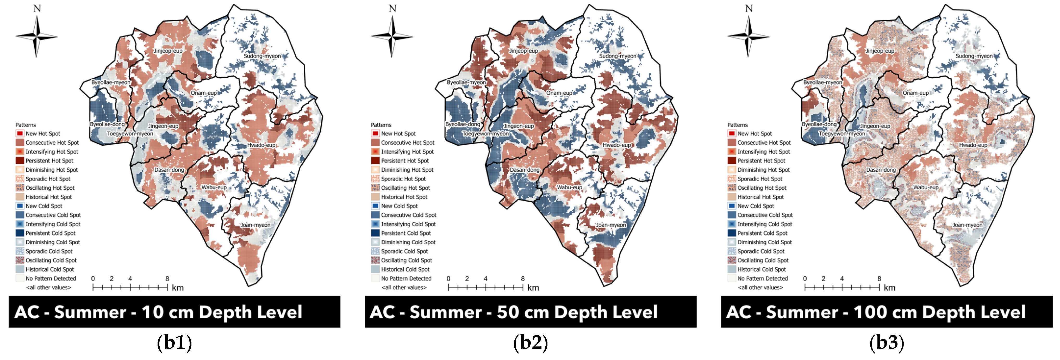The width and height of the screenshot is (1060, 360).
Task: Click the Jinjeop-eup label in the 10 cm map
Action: tap(168, 51)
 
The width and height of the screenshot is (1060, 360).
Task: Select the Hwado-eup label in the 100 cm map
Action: tap(973, 145)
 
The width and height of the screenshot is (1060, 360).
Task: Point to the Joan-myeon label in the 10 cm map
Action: tap(255, 225)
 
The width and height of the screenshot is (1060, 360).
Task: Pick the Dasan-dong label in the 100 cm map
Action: tap(881, 170)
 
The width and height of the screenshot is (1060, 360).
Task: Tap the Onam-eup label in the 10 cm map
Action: tap(204, 93)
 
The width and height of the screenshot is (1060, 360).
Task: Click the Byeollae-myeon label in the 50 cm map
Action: tap(466, 82)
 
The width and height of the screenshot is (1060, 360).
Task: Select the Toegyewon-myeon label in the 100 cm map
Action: tap(841, 134)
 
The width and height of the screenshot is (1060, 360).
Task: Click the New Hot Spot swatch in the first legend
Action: tap(20, 133)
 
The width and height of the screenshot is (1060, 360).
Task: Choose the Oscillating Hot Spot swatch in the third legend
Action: tap(731, 188)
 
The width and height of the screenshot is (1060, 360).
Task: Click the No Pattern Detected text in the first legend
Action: tap(51, 278)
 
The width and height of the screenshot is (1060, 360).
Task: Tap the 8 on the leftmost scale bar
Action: tap(167, 278)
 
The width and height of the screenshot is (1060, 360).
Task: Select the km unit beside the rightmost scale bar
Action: tap(889, 288)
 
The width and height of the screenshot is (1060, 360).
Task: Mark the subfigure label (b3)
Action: tap(886, 343)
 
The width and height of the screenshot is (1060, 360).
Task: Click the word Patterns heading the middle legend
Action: tap(381, 125)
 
